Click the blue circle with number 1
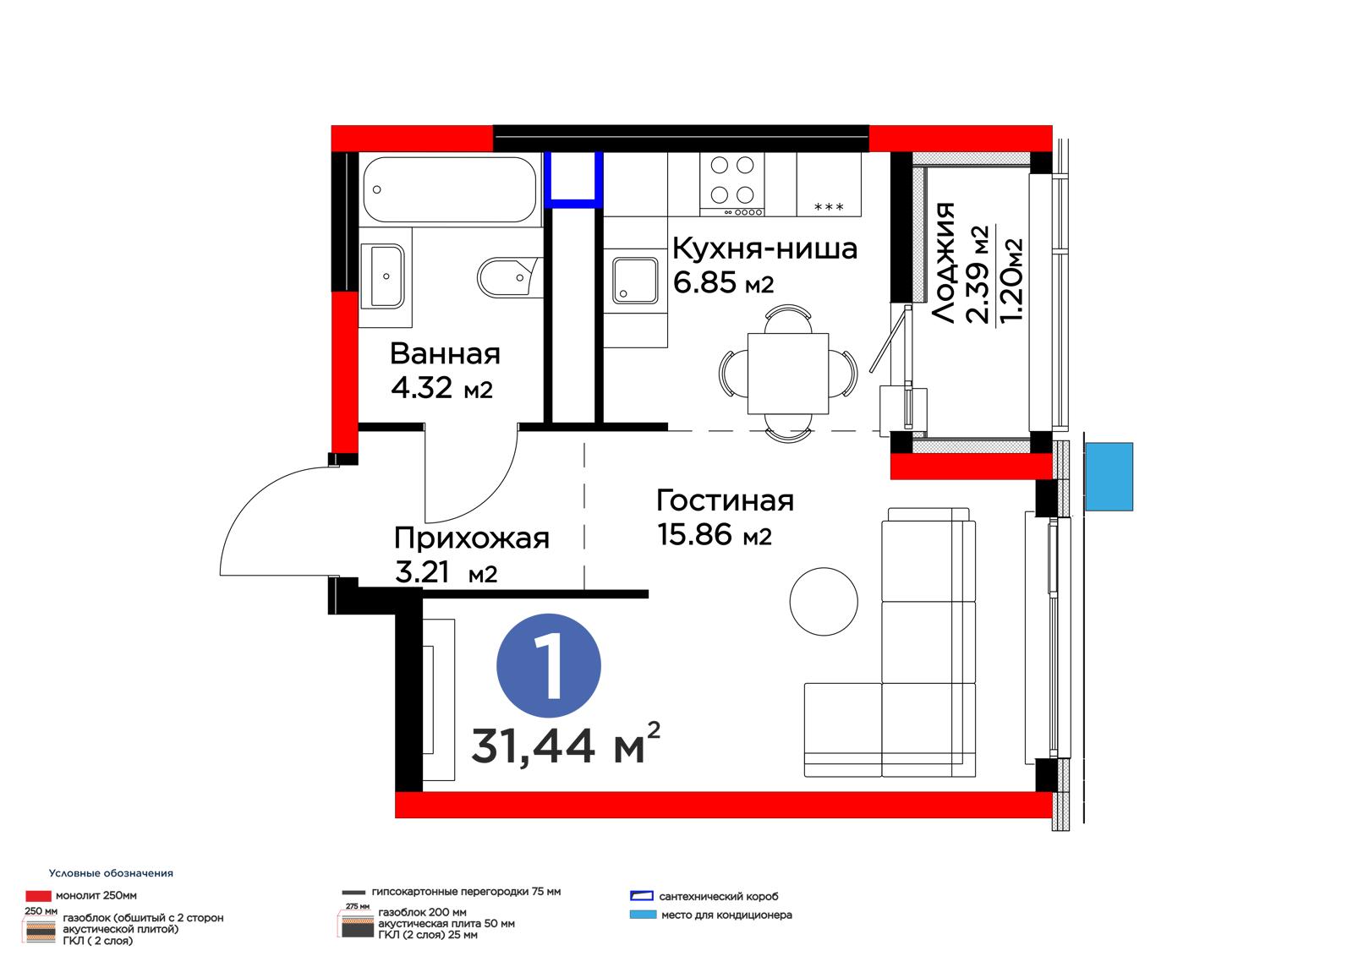coord(549,665)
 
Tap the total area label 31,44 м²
coord(566,745)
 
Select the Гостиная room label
coord(725,500)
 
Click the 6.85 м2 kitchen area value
coord(723,282)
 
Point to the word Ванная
coord(445,354)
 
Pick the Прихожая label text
coord(472,538)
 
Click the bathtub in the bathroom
coord(449,189)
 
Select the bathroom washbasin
coord(382,276)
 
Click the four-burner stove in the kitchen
coord(732,183)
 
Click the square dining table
coord(787,374)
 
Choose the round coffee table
coord(824,602)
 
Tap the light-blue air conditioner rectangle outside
coord(1109,477)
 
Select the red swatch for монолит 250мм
coord(38,896)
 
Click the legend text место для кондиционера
coord(726,915)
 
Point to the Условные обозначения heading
coord(111,873)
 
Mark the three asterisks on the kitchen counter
coord(829,206)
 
